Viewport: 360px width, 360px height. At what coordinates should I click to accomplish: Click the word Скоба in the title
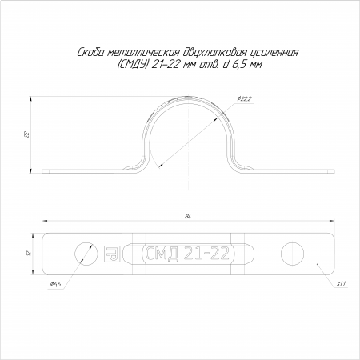click(x=90, y=53)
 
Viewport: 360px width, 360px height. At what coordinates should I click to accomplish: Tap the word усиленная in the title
click(x=274, y=53)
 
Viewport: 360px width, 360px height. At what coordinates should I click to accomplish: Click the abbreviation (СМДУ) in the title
click(x=132, y=64)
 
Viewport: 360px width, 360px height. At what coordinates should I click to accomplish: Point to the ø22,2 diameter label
click(x=244, y=99)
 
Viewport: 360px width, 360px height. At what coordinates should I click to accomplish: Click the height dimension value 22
click(x=26, y=134)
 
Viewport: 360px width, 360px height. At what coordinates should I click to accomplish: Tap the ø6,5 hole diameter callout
click(x=56, y=284)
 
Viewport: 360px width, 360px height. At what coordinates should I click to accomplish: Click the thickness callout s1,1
click(x=342, y=284)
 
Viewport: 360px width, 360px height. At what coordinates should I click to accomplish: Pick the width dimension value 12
click(x=30, y=253)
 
